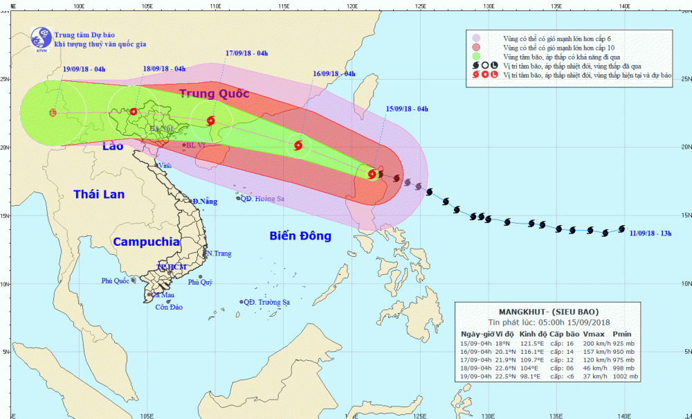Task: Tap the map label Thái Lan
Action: pos(99,195)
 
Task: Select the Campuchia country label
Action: pos(146,242)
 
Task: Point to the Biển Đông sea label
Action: pos(300,236)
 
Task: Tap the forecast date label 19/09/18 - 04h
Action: pos(84,69)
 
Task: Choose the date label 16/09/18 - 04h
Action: pos(334,73)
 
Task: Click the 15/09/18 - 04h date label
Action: pos(407,109)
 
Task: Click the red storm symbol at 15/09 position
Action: pos(372,174)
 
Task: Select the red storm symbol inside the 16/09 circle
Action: pos(298,145)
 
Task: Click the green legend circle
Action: pos(475,57)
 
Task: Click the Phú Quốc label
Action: pos(116,280)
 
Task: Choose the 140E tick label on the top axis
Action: pos(623,6)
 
